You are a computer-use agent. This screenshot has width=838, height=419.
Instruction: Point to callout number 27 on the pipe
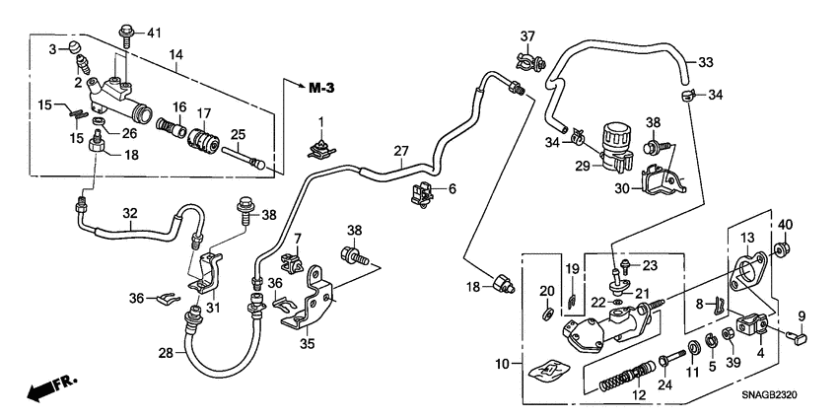[400, 151]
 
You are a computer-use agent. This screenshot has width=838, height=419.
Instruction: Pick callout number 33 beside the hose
[706, 62]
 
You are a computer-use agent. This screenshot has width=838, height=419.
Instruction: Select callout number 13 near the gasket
[747, 238]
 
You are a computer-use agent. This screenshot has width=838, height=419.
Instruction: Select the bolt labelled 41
[126, 35]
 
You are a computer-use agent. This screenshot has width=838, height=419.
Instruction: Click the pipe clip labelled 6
[423, 195]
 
